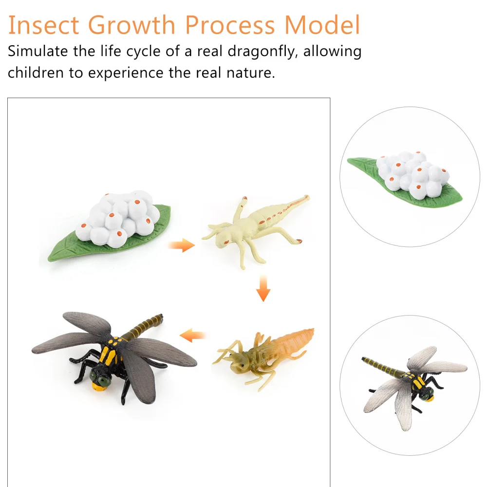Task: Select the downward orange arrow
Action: tap(263, 288)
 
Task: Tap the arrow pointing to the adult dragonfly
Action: tap(193, 335)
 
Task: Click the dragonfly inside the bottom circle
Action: tap(414, 382)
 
